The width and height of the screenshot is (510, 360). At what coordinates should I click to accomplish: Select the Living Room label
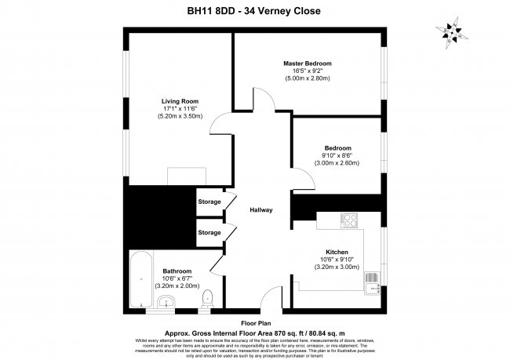pyautogui.click(x=180, y=100)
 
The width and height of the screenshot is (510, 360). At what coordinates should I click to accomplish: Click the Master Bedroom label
pyautogui.click(x=307, y=63)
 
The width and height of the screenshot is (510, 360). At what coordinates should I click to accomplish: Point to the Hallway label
pyautogui.click(x=260, y=210)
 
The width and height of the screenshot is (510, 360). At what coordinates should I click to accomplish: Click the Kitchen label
pyautogui.click(x=337, y=253)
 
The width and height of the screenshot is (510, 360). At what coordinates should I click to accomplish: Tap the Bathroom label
pyautogui.click(x=177, y=271)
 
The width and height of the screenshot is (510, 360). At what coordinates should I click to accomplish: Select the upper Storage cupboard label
pyautogui.click(x=209, y=202)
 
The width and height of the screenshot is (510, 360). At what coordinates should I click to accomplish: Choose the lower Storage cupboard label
pyautogui.click(x=209, y=233)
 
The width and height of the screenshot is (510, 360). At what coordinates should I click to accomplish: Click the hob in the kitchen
pyautogui.click(x=349, y=222)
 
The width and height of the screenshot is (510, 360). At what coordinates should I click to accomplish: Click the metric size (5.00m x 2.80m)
pyautogui.click(x=307, y=78)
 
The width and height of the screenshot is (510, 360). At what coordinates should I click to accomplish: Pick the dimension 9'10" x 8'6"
pyautogui.click(x=337, y=155)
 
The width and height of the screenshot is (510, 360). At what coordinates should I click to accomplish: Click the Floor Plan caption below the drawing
pyautogui.click(x=255, y=322)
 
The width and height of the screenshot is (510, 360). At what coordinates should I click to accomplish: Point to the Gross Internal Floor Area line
pyautogui.click(x=254, y=332)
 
